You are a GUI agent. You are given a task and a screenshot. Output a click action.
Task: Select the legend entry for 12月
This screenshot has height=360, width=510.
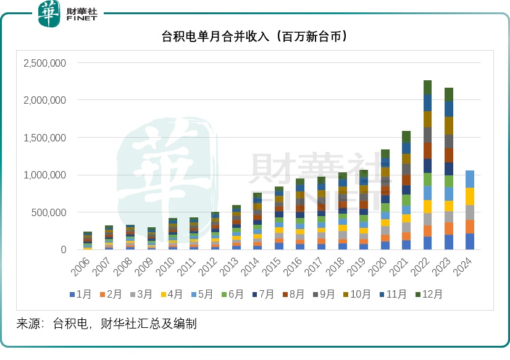[x=426, y=295]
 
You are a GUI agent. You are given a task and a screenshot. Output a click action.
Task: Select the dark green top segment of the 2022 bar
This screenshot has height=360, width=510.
[x=427, y=87]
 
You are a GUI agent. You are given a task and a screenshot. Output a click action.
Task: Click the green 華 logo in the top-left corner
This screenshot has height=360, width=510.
[x=49, y=14]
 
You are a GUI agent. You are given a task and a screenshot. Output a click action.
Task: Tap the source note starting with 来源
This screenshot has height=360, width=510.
[x=106, y=323]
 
